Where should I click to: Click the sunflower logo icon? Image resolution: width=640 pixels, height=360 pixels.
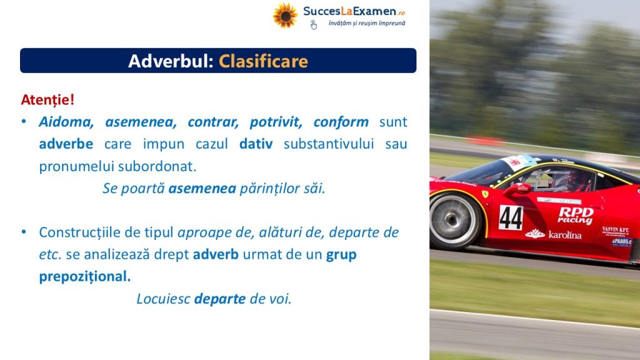[285, 16]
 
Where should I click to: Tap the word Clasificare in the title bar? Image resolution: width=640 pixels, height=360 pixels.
[263, 61]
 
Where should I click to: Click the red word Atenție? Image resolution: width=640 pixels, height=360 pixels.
[47, 100]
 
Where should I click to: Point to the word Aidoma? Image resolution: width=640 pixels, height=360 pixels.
[66, 122]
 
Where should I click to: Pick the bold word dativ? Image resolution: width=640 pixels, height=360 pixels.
[256, 144]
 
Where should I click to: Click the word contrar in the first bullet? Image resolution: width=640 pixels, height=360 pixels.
[213, 122]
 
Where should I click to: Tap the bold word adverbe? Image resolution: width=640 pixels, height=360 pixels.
[66, 144]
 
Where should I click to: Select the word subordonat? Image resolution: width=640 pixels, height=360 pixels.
[157, 166]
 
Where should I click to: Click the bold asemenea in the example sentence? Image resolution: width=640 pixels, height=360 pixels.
[202, 189]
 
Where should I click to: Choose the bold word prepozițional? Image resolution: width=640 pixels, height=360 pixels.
[85, 277]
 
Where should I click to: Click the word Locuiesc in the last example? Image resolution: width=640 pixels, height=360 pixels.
[163, 299]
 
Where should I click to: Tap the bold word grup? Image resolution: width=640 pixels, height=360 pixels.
[341, 255]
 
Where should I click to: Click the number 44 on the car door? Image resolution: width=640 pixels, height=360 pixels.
[511, 217]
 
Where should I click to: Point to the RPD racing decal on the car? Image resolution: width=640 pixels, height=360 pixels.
[576, 215]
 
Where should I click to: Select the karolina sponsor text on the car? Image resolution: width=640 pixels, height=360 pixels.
[554, 234]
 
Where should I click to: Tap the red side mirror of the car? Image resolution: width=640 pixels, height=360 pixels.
[517, 189]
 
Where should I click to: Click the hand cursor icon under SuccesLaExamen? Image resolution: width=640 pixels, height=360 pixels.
[313, 25]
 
